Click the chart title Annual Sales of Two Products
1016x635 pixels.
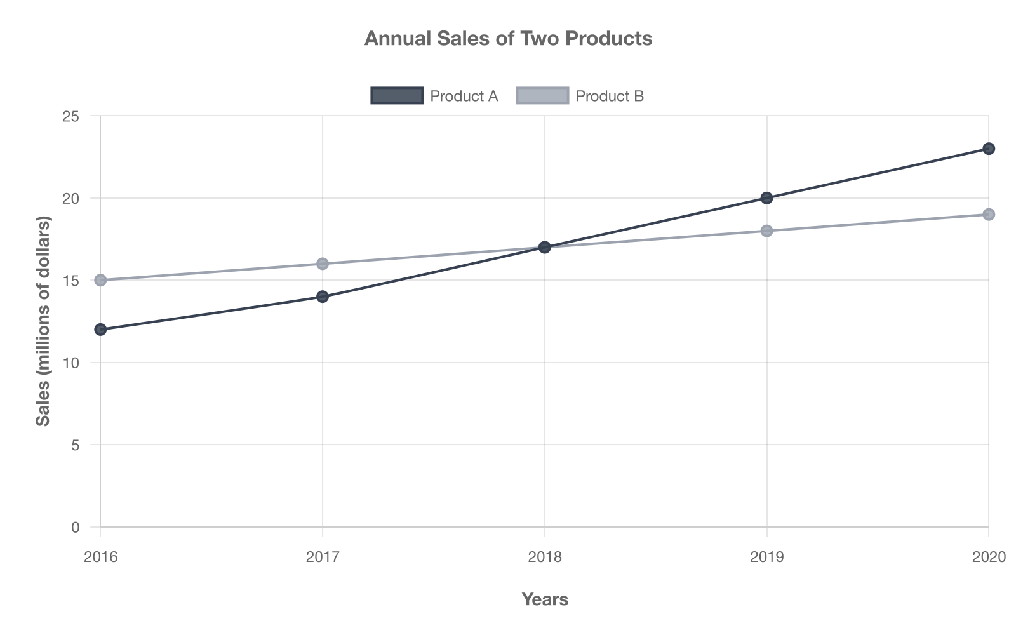(x=508, y=39)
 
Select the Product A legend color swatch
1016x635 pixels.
(x=397, y=96)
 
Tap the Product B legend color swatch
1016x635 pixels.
(x=542, y=96)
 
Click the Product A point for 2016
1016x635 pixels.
(x=100, y=330)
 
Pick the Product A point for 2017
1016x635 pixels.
(x=323, y=297)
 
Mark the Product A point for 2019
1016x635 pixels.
(x=766, y=198)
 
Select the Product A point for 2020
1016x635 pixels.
(x=989, y=149)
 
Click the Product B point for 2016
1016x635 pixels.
(x=100, y=280)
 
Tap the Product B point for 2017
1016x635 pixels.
(x=323, y=264)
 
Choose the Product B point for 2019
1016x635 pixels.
(x=766, y=231)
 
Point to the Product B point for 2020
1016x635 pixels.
(x=989, y=215)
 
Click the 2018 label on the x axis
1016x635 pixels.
(x=545, y=558)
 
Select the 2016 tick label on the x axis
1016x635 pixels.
(x=100, y=558)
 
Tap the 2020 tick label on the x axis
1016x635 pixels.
(x=989, y=558)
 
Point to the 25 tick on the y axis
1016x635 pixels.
(x=71, y=117)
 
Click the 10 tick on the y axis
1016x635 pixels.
(x=71, y=363)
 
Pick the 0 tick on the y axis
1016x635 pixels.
(x=76, y=528)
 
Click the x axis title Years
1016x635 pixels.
(x=545, y=599)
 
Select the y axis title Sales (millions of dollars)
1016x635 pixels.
(x=43, y=321)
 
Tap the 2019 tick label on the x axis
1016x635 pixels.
(x=766, y=558)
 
